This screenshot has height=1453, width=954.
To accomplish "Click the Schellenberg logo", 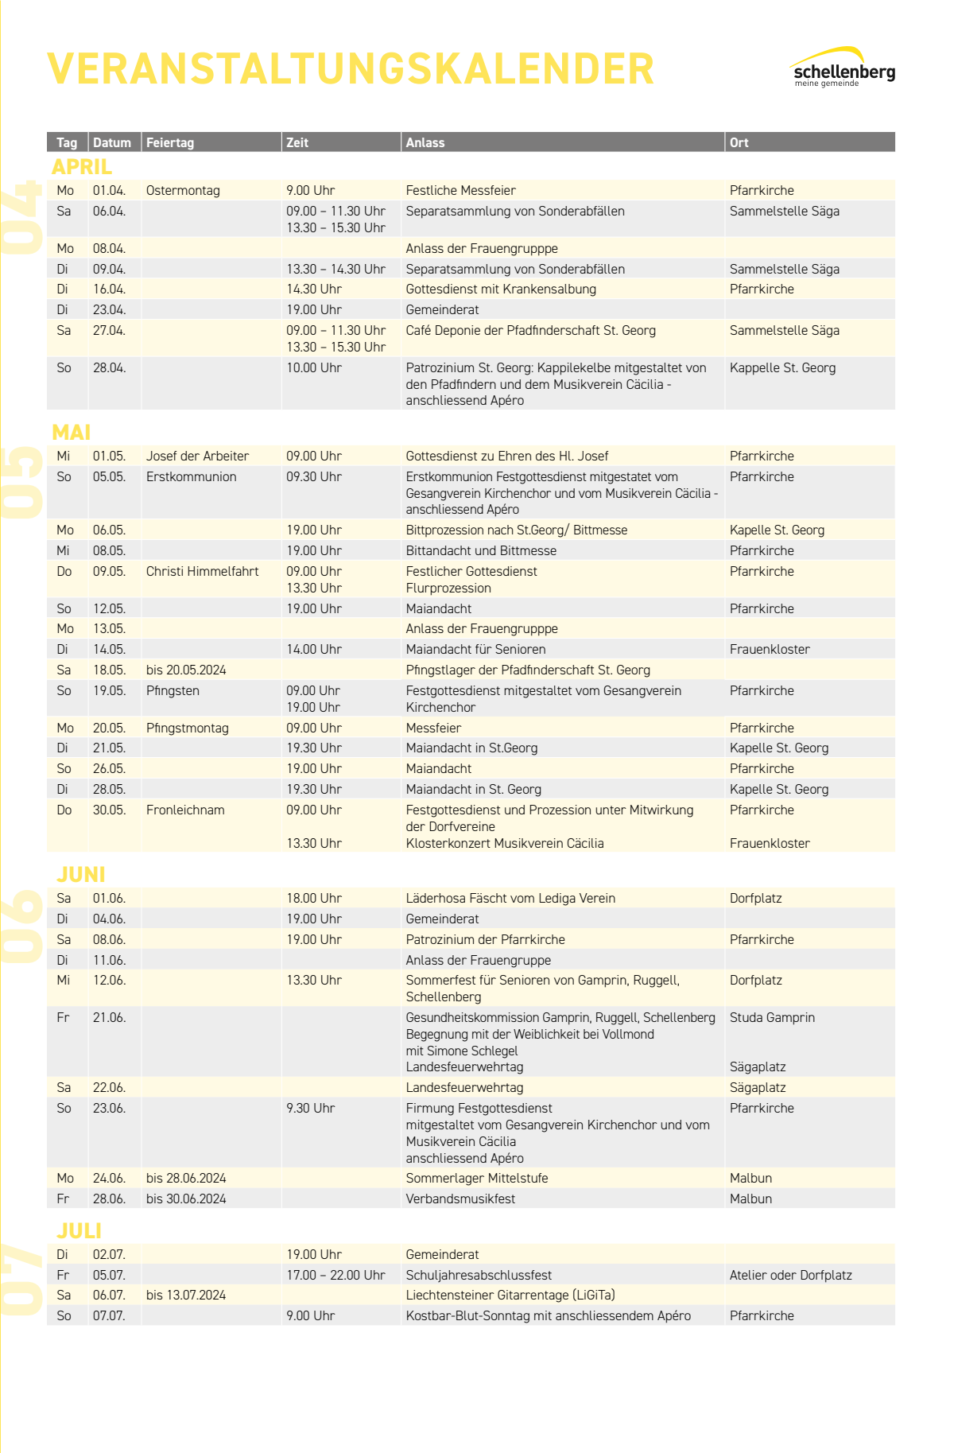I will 843,68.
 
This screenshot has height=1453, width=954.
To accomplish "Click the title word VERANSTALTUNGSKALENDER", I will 351,69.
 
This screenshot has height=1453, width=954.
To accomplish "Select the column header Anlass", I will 425,142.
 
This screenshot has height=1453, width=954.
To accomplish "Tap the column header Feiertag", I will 170,142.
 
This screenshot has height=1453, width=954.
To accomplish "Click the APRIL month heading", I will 82,167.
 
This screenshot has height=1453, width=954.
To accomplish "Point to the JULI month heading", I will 79,1230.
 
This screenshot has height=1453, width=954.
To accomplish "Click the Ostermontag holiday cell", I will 183,191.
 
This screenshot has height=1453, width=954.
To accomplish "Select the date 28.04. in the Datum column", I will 109,368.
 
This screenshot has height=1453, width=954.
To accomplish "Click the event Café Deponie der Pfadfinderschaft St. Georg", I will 530,331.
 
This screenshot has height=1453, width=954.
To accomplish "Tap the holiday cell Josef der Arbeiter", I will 197,456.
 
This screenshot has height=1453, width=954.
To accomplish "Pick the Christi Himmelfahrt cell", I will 202,572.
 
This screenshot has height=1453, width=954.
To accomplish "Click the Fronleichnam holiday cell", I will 185,810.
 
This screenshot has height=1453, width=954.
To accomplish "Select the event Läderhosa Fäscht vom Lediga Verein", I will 510,899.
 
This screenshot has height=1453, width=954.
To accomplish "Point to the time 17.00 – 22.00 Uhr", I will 335,1276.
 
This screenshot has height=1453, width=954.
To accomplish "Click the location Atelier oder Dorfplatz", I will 790,1276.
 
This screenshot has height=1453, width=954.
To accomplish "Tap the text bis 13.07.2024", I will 186,1296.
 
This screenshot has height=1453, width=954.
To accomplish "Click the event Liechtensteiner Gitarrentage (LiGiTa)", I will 510,1296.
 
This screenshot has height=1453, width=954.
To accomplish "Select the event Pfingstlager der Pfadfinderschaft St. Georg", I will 528,670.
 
